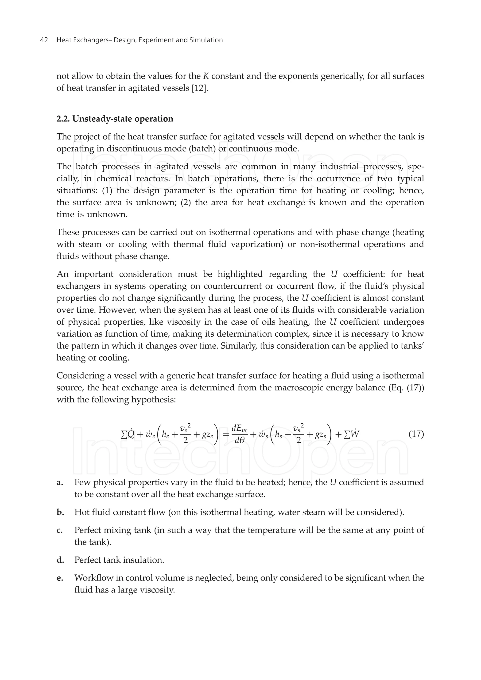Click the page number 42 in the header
coord(44,40)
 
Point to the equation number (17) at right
coord(416,434)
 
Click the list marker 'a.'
coord(60,482)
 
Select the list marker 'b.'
coord(60,513)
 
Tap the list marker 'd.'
coord(60,560)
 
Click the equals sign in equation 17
coord(226,435)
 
